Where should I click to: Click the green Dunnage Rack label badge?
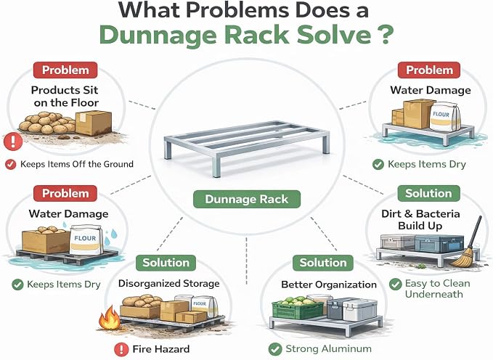(247, 199)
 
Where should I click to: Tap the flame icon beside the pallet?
(109, 317)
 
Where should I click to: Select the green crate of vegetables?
(291, 308)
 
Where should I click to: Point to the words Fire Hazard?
(160, 349)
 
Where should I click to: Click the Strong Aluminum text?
(329, 348)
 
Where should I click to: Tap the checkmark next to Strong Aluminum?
(275, 349)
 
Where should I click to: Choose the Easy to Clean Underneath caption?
(437, 289)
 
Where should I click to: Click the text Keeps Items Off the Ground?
(77, 164)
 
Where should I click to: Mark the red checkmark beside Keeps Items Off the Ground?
(11, 164)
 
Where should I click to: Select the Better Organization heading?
(329, 285)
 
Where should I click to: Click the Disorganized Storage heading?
(169, 283)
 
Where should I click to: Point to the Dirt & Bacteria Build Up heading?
(420, 219)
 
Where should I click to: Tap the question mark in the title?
(385, 35)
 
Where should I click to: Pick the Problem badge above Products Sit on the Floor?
(65, 70)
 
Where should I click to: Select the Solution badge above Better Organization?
(323, 263)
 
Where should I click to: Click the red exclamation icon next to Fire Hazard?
(121, 349)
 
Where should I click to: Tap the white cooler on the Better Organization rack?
(360, 310)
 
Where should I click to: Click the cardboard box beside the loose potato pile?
(94, 123)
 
